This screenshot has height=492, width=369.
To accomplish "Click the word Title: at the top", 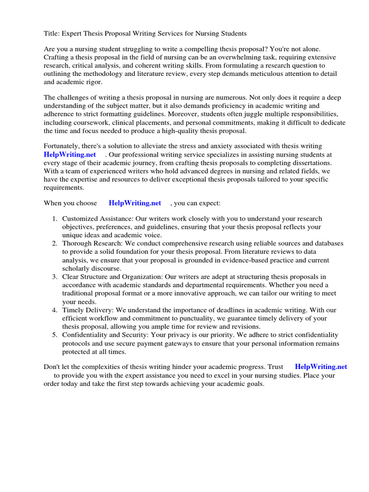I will click(x=51, y=34).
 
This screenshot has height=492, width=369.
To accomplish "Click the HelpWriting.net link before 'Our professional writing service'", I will click(x=70, y=155).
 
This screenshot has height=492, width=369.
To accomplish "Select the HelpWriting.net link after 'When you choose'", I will click(x=135, y=203).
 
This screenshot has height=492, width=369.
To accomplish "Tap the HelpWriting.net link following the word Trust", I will click(x=321, y=367).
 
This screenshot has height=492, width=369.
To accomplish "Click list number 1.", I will click(x=55, y=219).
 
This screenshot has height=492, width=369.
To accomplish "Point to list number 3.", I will click(x=55, y=277).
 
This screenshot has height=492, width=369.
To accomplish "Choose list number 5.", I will click(x=55, y=335).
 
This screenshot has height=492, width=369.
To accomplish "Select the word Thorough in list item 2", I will click(x=77, y=244).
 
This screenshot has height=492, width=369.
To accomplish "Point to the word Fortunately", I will click(x=63, y=146).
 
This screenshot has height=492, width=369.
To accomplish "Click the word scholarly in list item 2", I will click(x=76, y=268).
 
